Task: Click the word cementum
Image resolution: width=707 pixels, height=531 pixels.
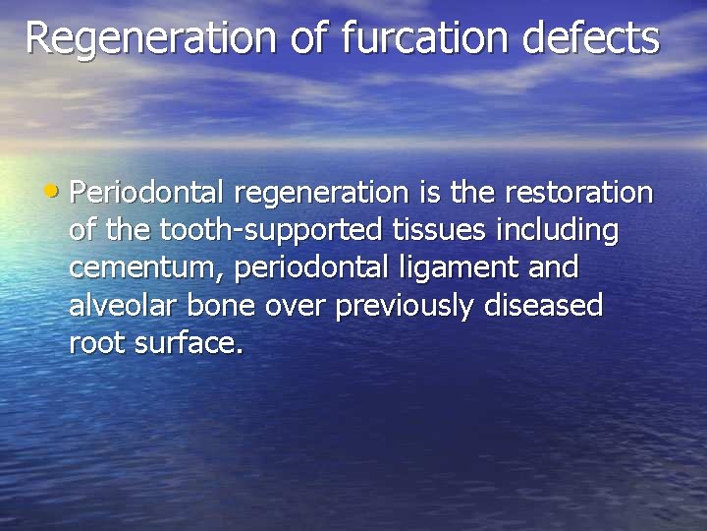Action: (145, 267)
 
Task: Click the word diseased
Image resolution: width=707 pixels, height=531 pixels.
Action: (544, 306)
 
